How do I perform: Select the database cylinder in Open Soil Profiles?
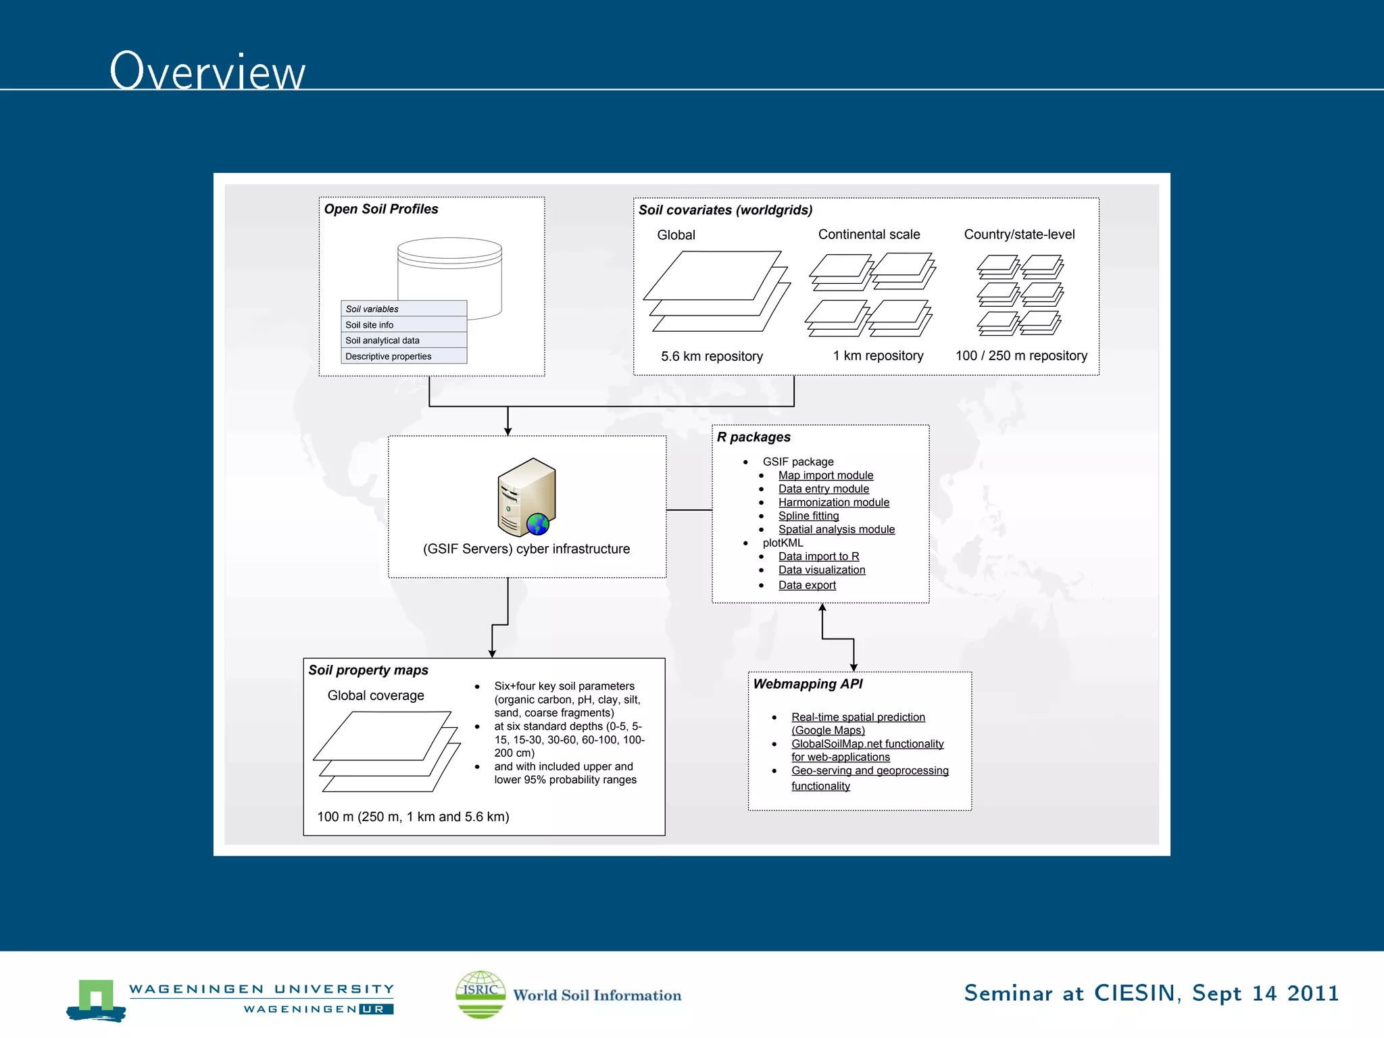[450, 270]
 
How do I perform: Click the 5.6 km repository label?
[712, 356]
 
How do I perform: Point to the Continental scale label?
[869, 234]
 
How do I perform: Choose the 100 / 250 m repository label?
[1021, 355]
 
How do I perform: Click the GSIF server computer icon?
[526, 497]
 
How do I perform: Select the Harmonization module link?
[833, 502]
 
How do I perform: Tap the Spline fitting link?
[808, 516]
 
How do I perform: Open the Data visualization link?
[821, 570]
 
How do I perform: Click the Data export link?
[807, 585]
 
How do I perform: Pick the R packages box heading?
[753, 437]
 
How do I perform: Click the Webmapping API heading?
[808, 684]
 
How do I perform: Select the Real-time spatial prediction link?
[858, 717]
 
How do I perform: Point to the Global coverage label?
[376, 695]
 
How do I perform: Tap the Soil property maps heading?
[368, 670]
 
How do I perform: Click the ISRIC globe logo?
[480, 994]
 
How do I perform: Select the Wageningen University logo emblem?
[96, 999]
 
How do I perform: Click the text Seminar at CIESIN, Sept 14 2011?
[1151, 993]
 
